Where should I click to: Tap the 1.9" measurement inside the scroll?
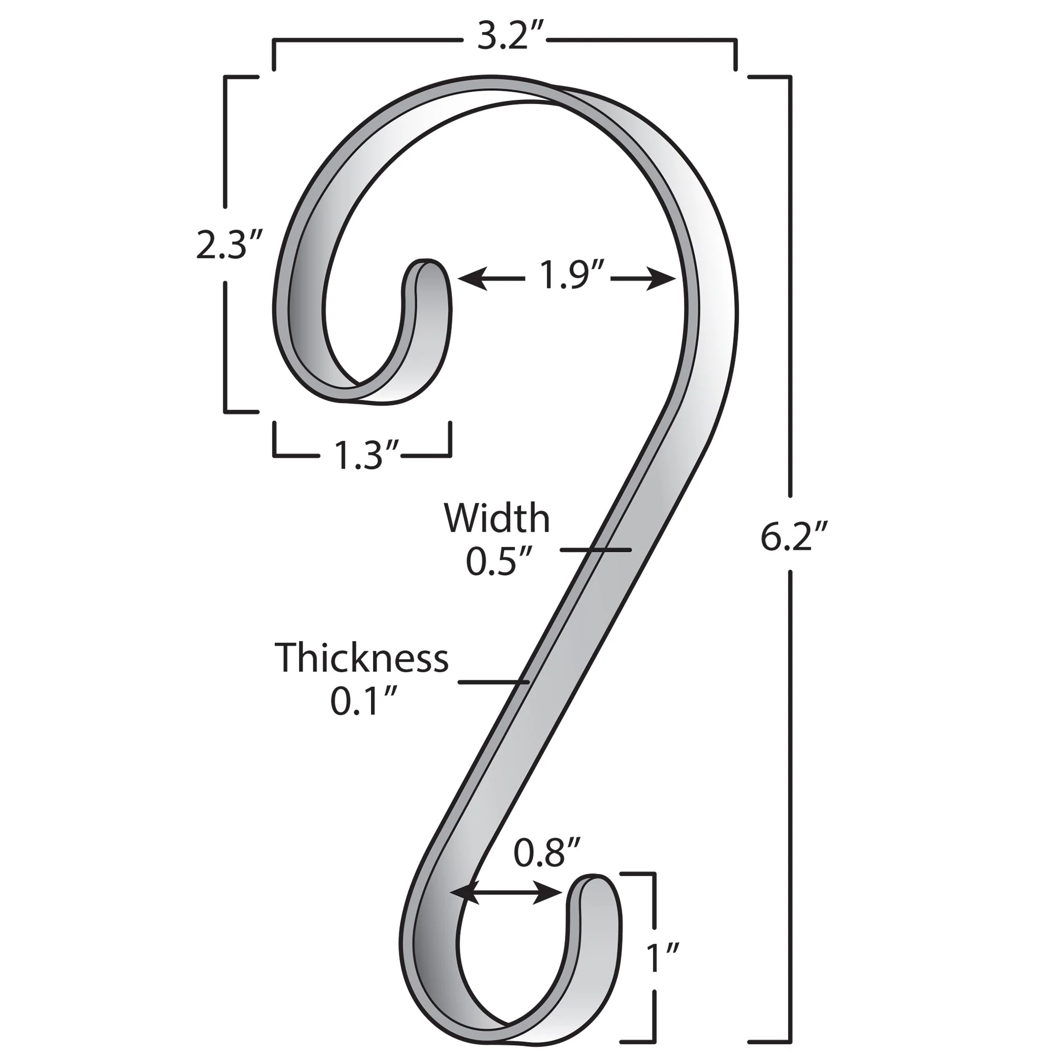[568, 275]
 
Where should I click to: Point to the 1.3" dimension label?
[360, 456]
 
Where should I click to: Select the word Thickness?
[362, 658]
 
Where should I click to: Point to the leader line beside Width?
[596, 550]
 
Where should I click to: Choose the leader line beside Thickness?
[493, 682]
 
